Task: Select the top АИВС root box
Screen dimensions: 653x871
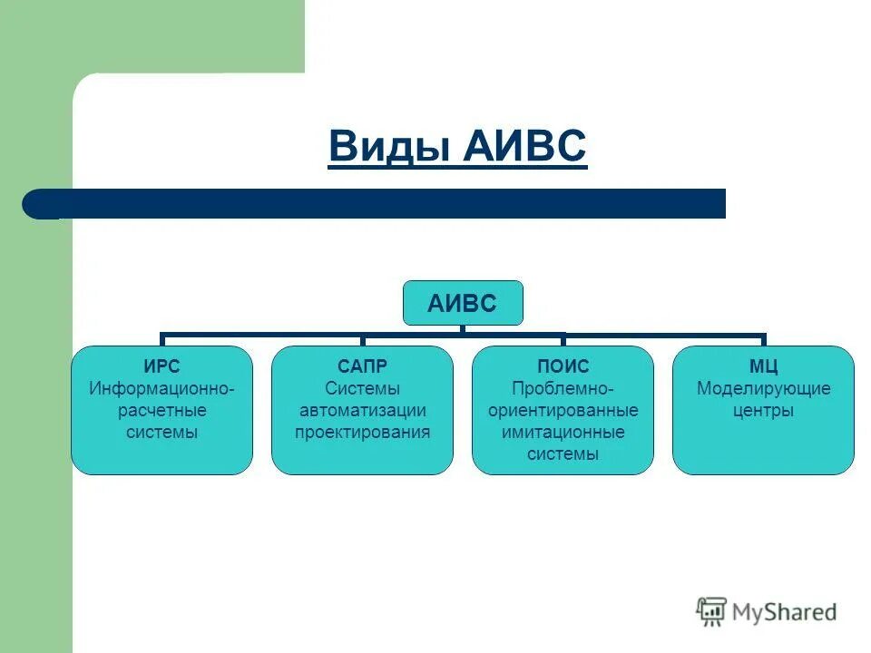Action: point(463,303)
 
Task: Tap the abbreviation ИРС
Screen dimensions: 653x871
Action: point(161,366)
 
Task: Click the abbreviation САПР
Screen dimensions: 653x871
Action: point(362,366)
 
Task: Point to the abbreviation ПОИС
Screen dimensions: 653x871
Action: point(563,366)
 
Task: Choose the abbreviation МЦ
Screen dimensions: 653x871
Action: point(763,366)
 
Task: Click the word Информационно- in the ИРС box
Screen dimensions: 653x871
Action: point(161,388)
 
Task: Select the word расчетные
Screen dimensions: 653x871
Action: point(161,411)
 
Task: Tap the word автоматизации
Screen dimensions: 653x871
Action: point(362,411)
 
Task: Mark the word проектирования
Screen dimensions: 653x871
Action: point(362,433)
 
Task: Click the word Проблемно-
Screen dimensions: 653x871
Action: point(563,388)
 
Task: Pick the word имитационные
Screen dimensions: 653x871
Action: point(563,433)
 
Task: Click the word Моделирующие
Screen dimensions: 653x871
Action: point(763,388)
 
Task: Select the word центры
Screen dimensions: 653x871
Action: point(763,411)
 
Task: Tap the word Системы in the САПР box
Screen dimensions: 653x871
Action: point(362,388)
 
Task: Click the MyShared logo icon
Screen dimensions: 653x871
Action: point(711,611)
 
